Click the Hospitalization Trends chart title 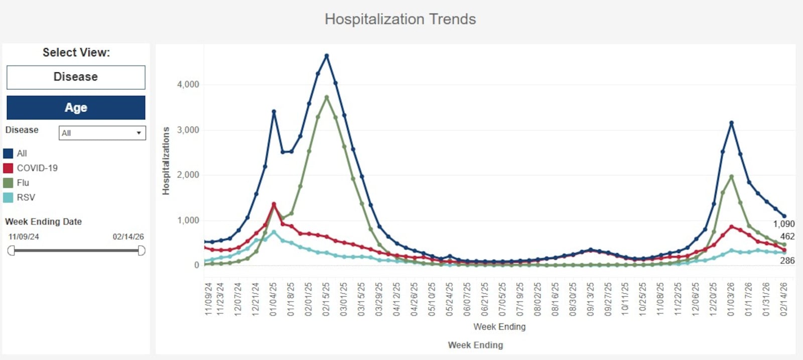coord(400,19)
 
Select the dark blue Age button coord(76,107)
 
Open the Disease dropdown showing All coord(102,133)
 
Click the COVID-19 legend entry coord(37,168)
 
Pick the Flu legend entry coord(23,183)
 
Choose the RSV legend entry coord(26,197)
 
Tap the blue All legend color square coord(8,154)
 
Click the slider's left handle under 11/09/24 coord(11,251)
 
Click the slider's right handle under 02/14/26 coord(142,251)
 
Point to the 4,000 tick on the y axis coord(188,84)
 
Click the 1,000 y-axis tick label coord(188,220)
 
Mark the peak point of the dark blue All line coord(327,56)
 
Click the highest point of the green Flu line coord(327,97)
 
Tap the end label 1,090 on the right coord(783,224)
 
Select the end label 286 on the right coord(787,261)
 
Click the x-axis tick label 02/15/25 coord(326,299)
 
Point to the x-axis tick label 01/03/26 coord(731,299)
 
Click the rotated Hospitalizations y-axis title coord(166,161)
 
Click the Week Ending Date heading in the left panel coord(43,221)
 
